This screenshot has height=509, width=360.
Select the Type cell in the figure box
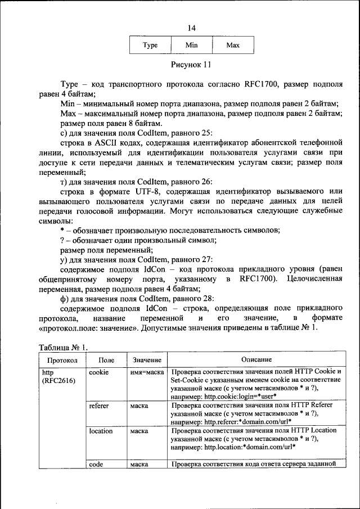click(x=150, y=45)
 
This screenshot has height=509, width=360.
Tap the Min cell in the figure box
click(x=191, y=45)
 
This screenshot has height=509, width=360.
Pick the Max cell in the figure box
click(x=233, y=45)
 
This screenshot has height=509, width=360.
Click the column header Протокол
click(x=62, y=359)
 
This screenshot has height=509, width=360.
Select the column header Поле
click(x=106, y=359)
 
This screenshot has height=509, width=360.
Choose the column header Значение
click(x=147, y=359)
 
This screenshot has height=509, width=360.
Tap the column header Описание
click(x=256, y=359)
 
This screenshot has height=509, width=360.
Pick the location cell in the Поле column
click(x=101, y=431)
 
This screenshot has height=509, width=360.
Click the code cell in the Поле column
click(x=96, y=464)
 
